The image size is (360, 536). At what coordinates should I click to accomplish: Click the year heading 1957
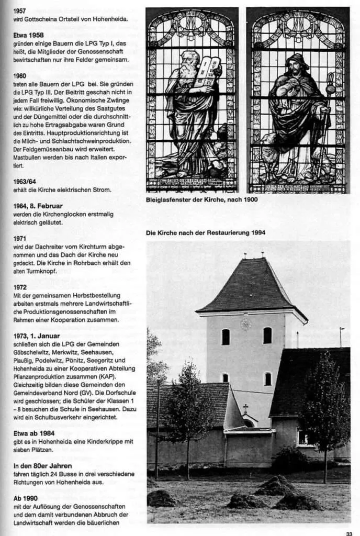click(x=20, y=10)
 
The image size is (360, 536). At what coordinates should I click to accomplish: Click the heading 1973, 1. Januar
click(x=37, y=336)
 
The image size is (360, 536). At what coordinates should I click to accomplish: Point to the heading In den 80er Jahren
click(x=43, y=465)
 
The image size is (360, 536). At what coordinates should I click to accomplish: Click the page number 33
click(x=349, y=533)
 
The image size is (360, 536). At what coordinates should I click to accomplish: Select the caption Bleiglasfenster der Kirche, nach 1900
click(x=201, y=199)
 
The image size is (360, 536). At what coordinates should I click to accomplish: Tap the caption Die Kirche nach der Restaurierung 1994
click(x=206, y=232)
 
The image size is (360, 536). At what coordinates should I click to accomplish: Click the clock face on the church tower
click(x=245, y=323)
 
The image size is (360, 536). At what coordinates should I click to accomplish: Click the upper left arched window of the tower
click(x=226, y=337)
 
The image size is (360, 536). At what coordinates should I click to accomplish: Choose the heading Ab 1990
click(x=26, y=498)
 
